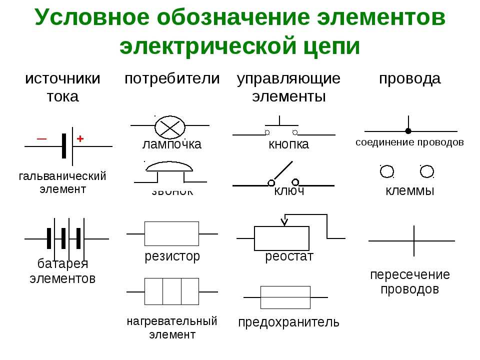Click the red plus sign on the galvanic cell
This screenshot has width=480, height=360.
pyautogui.click(x=79, y=139)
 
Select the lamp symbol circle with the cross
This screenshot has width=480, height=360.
pyautogui.click(x=170, y=126)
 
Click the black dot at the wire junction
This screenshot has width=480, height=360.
pyautogui.click(x=408, y=131)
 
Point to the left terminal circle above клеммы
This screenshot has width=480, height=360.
pyautogui.click(x=387, y=172)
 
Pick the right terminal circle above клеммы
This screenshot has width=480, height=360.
pyautogui.click(x=426, y=172)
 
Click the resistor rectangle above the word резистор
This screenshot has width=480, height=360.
pyautogui.click(x=171, y=233)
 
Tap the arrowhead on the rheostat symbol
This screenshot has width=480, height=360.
pyautogui.click(x=284, y=221)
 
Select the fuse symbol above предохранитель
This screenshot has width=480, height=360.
pyautogui.click(x=285, y=297)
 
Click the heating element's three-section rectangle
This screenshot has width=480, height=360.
pyautogui.click(x=171, y=291)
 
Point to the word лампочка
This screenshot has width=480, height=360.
pyautogui.click(x=171, y=144)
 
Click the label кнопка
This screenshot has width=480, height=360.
pyautogui.click(x=288, y=144)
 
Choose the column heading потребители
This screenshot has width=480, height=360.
pyautogui.click(x=171, y=78)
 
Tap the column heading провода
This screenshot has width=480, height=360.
pyautogui.click(x=409, y=78)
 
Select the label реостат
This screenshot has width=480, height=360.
pyautogui.click(x=289, y=257)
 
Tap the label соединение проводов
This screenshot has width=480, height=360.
pyautogui.click(x=409, y=142)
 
